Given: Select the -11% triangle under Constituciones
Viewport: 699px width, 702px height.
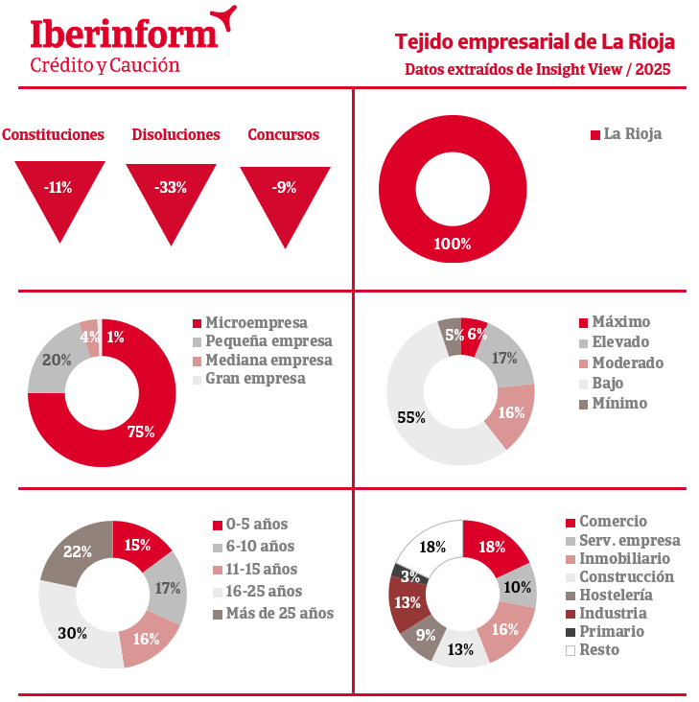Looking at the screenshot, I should click(x=59, y=192).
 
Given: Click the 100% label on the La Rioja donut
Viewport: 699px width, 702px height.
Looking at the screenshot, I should click(x=453, y=245).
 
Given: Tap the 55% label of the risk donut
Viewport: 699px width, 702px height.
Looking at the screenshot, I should click(x=411, y=417).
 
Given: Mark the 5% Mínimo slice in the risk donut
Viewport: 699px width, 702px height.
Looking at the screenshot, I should click(x=451, y=335).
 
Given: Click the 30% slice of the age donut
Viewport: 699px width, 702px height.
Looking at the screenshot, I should click(x=72, y=633).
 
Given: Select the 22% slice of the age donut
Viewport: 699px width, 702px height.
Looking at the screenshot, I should click(x=78, y=551).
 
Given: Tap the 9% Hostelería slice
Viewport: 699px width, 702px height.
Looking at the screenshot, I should click(x=425, y=634).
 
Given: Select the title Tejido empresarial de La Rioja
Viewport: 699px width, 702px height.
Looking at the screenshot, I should click(x=535, y=42).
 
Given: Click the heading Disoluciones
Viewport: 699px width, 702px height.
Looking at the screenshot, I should click(x=175, y=135).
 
